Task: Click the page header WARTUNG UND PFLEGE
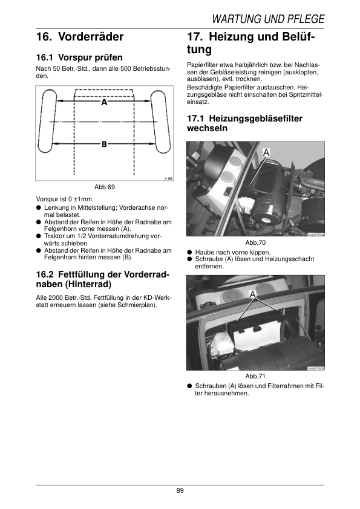pos(268,19)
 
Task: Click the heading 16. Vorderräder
pos(80,37)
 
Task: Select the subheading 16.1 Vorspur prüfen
pos(79,57)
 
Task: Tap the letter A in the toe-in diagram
pos(104,102)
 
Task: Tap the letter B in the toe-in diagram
pos(104,144)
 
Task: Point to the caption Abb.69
pos(105,187)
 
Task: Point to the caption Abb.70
pos(255,242)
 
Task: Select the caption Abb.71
pos(255,376)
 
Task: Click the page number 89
pos(180,490)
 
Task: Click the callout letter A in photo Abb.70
pos(266,152)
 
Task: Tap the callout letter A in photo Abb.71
pos(253,294)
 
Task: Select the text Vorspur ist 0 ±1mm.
pos(65,199)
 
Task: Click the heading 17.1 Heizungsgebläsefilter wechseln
pos(244,123)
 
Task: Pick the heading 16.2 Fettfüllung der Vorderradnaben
pos(103,279)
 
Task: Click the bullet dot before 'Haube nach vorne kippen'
pos(189,252)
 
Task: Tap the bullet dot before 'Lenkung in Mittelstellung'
pos(38,208)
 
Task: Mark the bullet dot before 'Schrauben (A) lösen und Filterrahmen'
pos(189,386)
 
